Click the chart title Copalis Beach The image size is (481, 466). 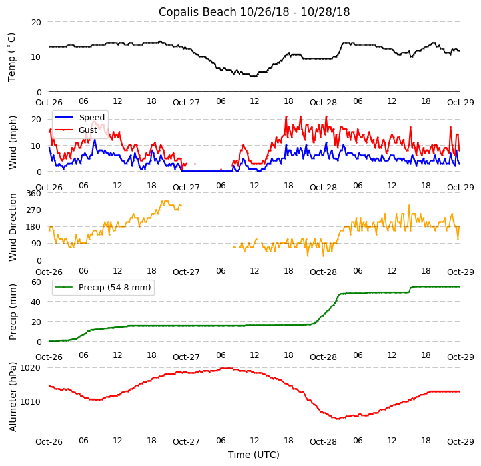254,12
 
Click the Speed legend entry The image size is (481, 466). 91,118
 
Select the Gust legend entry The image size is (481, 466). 87,130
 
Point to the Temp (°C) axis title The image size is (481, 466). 12,57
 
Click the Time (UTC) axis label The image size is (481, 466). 254,455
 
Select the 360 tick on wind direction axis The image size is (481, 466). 33,194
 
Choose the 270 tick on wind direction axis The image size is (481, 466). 33,210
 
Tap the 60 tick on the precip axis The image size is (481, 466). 36,282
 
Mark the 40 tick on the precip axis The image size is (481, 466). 36,302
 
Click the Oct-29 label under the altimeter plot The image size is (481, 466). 460,441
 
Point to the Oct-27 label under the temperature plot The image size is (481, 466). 186,103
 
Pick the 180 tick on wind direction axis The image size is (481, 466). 33,227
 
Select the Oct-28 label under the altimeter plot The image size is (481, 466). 323,441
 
